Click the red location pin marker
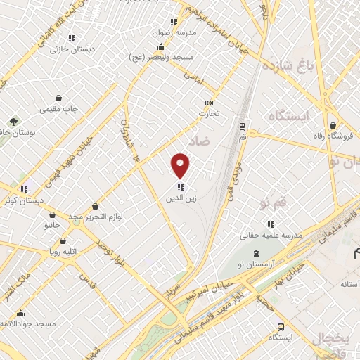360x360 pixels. pyautogui.click(x=181, y=165)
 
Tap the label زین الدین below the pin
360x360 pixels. pyautogui.click(x=181, y=198)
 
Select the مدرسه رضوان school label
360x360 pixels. pyautogui.click(x=174, y=32)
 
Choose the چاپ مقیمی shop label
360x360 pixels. pyautogui.click(x=59, y=109)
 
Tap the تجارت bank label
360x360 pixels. pyautogui.click(x=208, y=112)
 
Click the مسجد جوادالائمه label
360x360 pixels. pyautogui.click(x=29, y=323)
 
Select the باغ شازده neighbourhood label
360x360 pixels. pyautogui.click(x=286, y=67)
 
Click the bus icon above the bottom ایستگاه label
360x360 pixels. pyautogui.click(x=281, y=327)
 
